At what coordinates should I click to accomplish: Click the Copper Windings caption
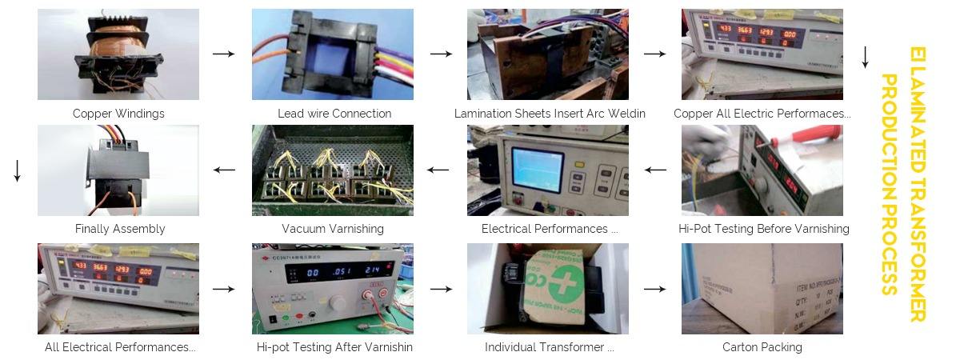[x=118, y=114]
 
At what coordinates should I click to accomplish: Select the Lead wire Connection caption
[x=334, y=114]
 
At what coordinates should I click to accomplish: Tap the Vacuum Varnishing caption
[x=333, y=229]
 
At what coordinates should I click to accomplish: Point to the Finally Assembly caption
[x=120, y=229]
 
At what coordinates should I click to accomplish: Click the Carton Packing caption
[x=762, y=347]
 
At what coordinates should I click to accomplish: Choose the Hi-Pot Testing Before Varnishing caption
[x=763, y=229]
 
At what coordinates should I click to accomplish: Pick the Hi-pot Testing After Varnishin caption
[x=334, y=347]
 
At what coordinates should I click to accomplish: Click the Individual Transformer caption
[x=549, y=347]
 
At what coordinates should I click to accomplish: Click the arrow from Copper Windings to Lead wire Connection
[x=224, y=54]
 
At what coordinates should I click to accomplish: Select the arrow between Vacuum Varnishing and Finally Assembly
[x=224, y=170]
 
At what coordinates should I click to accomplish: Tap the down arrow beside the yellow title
[x=865, y=58]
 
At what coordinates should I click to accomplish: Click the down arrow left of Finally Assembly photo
[x=17, y=170]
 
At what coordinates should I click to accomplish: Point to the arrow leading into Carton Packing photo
[x=655, y=288]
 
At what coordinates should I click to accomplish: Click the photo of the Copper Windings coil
[x=118, y=54]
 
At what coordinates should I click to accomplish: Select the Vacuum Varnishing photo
[x=333, y=170]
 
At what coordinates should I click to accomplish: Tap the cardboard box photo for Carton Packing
[x=762, y=289]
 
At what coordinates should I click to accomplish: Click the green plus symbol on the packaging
[x=565, y=286]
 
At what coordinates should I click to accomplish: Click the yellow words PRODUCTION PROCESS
[x=890, y=184]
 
